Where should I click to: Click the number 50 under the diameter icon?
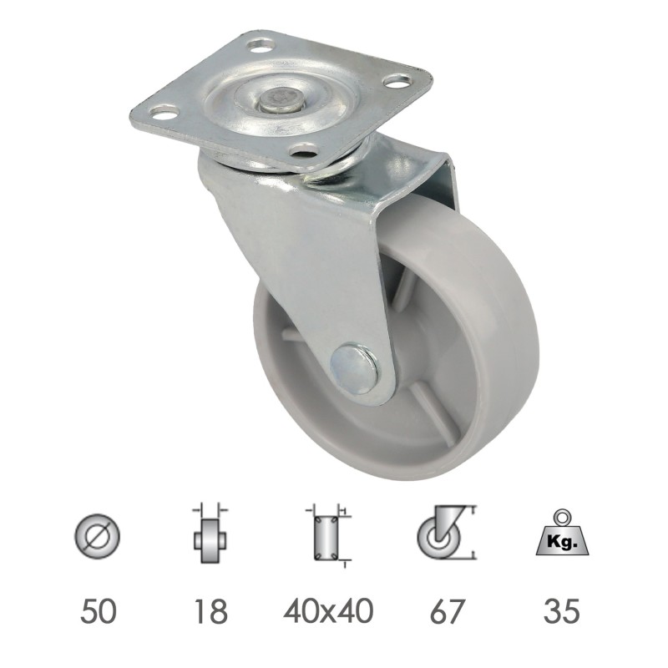[x=98, y=611]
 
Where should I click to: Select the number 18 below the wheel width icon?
[x=210, y=611]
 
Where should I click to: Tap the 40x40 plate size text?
[x=328, y=611]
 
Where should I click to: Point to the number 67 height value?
[x=446, y=611]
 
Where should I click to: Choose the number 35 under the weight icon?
[x=561, y=611]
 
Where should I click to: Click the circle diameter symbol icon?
[x=98, y=534]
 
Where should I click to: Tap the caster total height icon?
[x=447, y=533]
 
